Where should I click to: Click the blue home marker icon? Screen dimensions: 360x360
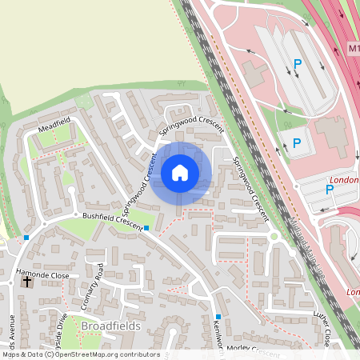pos(180,172)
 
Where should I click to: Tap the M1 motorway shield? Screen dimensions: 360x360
pos(354,49)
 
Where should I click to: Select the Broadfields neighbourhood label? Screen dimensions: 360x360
pos(110,326)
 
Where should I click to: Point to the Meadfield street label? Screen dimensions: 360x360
pos(54,124)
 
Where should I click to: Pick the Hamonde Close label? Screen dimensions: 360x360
pos(43,274)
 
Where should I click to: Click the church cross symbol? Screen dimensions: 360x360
pos(27,282)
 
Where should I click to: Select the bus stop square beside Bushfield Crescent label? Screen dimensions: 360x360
pos(146,228)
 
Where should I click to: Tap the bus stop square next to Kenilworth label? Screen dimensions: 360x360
pos(217,317)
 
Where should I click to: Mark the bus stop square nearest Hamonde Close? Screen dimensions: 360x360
pos(26,238)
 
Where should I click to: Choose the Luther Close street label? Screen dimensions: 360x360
pos(327,325)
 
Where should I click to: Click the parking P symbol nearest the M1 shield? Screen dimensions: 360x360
pos(298,63)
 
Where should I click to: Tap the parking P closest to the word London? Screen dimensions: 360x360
pos(329,190)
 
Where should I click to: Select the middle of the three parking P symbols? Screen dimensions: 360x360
pos(297,143)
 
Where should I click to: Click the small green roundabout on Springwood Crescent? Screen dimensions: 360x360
pos(274,236)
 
